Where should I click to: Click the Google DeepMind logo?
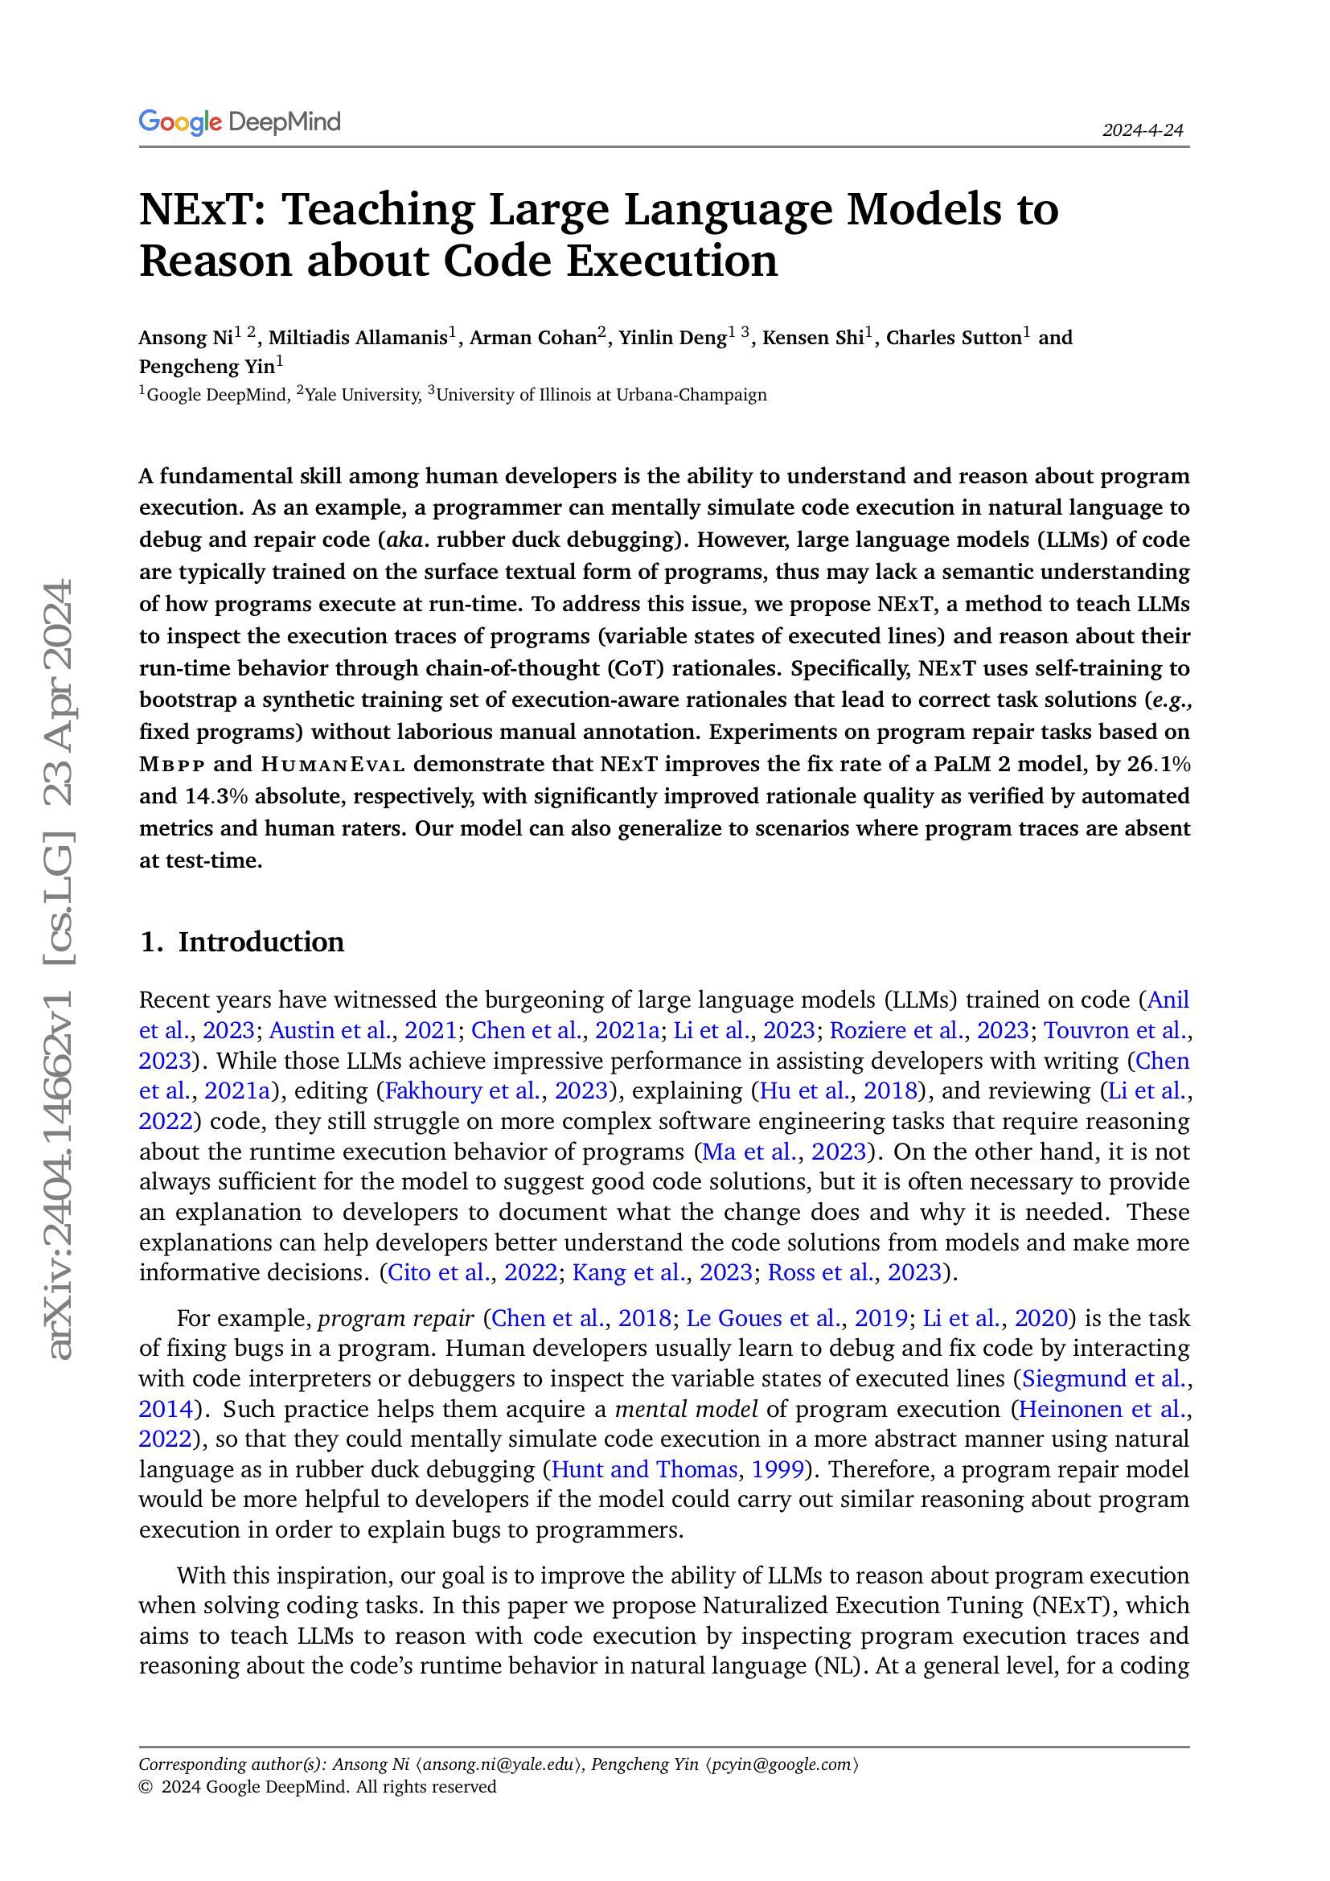tap(239, 123)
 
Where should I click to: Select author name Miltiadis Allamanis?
tap(358, 338)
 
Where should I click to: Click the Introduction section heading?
tap(261, 943)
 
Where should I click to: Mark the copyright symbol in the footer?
tap(146, 1787)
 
